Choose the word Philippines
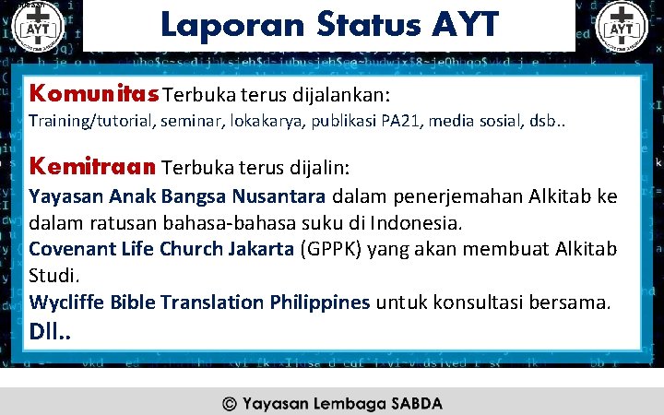coord(318,302)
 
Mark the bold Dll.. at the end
coord(49,328)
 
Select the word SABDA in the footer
coord(416,403)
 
